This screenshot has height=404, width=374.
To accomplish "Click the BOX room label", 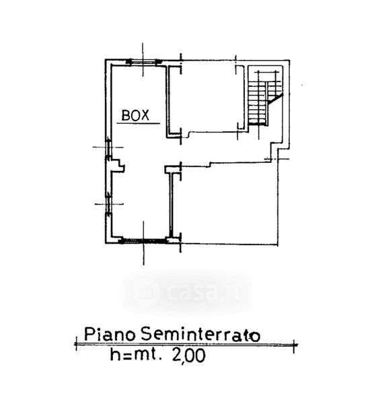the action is (135, 115).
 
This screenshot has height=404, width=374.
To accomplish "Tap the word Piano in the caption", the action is (110, 334).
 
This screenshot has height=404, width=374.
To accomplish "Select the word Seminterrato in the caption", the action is (200, 335).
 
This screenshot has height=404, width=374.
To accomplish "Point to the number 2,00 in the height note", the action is (188, 356).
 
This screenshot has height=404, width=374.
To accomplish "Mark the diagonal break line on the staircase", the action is (275, 99).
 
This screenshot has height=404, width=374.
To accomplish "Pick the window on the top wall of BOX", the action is (144, 61).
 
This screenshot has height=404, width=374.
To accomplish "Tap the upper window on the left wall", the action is (108, 149).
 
